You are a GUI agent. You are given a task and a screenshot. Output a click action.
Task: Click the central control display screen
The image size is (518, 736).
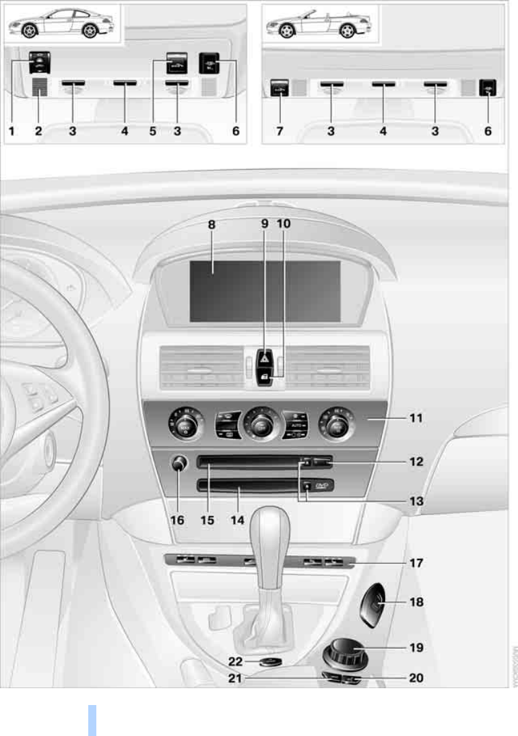tap(265, 292)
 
